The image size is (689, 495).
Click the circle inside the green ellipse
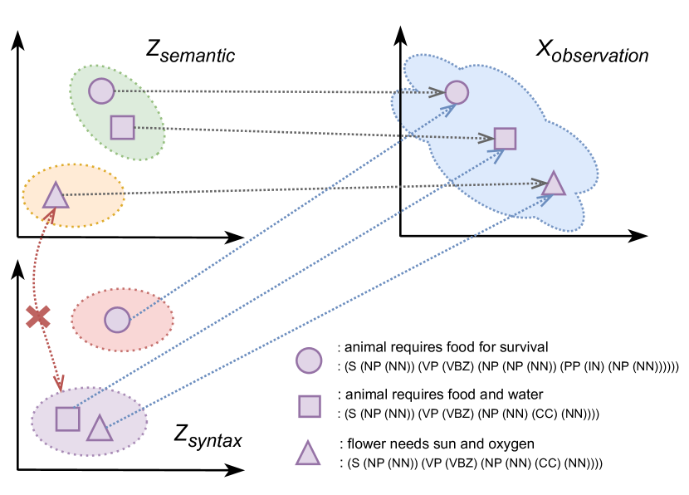coord(101,91)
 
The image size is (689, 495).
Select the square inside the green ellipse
coord(122,127)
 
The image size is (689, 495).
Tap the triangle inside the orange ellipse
coord(56,197)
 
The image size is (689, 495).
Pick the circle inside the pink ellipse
coord(117,320)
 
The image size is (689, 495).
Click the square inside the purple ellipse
coord(67,419)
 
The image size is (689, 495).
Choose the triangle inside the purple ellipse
coord(100,429)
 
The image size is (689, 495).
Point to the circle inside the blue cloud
coord(457,92)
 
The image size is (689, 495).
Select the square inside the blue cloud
coord(505,139)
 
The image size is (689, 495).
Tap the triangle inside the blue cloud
coord(554,185)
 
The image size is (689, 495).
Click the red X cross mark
coord(37,316)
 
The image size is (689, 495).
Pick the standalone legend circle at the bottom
coord(309,360)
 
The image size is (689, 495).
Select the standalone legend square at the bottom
coord(310,406)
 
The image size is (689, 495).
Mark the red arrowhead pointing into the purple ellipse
coord(59,383)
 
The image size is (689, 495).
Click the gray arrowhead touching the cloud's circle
coord(437,92)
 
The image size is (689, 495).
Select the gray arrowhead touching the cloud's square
coord(486,139)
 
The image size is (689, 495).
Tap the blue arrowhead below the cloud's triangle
coord(545,198)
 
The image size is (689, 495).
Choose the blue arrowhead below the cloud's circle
coord(449,109)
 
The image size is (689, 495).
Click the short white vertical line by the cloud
coord(400,106)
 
